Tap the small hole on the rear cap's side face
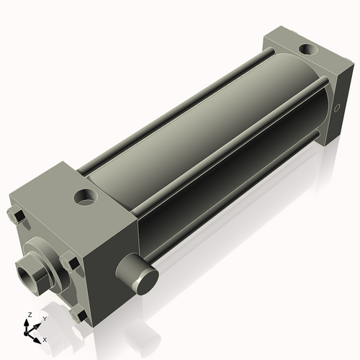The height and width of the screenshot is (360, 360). tap(337, 109)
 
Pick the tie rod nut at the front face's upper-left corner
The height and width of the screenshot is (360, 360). tap(16, 215)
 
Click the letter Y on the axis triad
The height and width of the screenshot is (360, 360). tap(44, 318)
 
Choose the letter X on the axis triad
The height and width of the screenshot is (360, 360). tap(45, 338)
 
